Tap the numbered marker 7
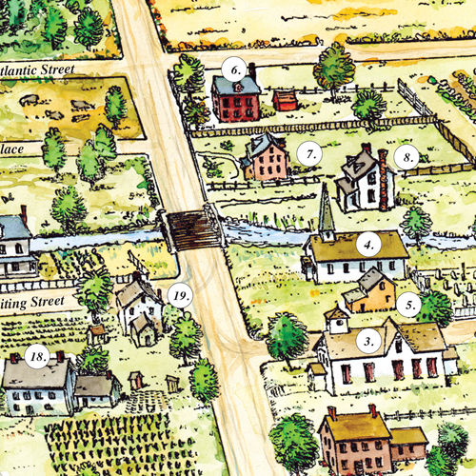coord(307,152)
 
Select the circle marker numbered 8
coord(407,157)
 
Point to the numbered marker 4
coord(368,243)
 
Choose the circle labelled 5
coord(410,306)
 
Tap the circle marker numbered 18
coord(38,357)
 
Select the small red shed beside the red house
coord(284,99)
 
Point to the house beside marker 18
coord(38,386)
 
